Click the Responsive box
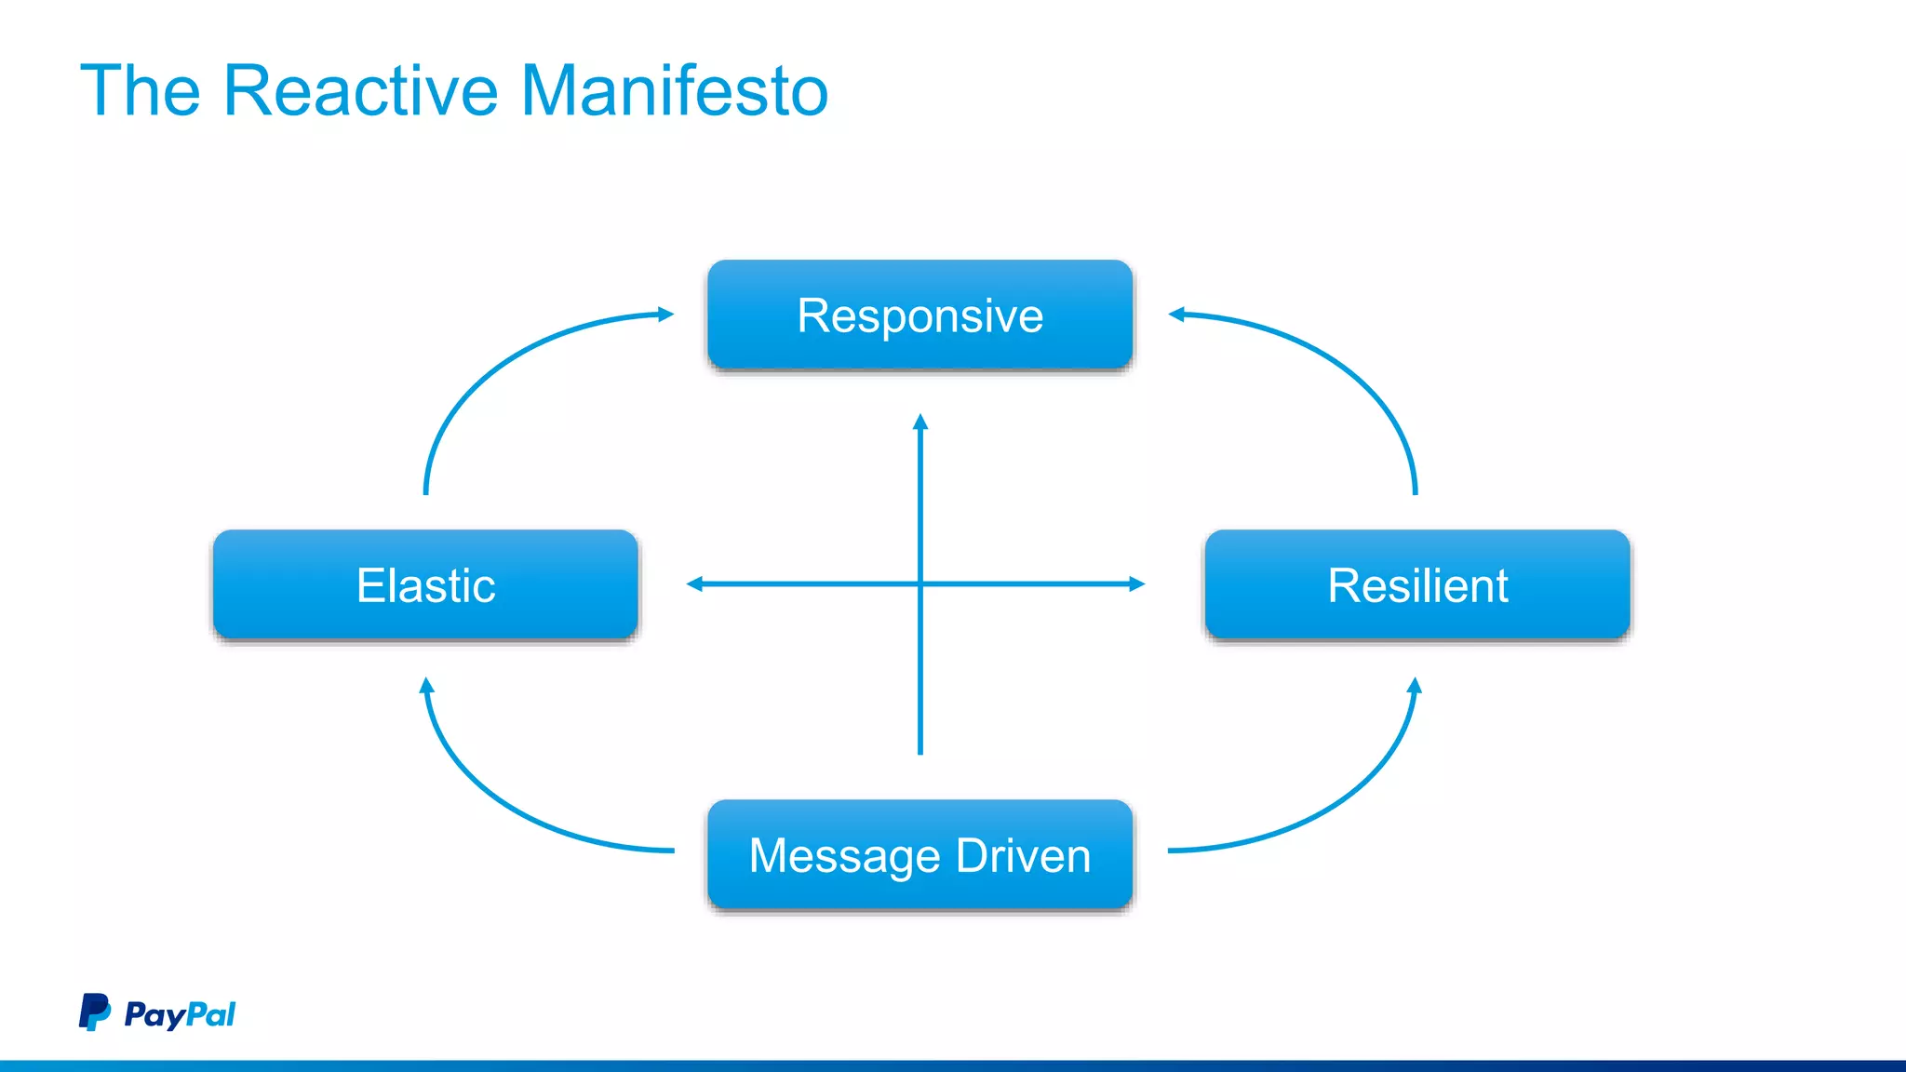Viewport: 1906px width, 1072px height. (x=919, y=315)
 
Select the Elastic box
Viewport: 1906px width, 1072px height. (x=425, y=584)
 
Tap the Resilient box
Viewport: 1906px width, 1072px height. (x=1416, y=584)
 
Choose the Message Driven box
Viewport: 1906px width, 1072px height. (x=919, y=854)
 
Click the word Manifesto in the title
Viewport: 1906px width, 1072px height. (x=674, y=91)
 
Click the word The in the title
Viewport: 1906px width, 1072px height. (x=141, y=91)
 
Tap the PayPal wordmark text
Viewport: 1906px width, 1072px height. (x=180, y=1013)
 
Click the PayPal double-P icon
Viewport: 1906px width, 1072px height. (x=94, y=1012)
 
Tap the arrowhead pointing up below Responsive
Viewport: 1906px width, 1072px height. (x=920, y=422)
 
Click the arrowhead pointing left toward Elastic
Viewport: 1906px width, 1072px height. (x=694, y=584)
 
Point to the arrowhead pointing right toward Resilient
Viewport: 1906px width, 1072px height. (x=1136, y=584)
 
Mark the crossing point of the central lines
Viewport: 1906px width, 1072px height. (x=920, y=584)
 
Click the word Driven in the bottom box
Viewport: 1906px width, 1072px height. (x=1023, y=855)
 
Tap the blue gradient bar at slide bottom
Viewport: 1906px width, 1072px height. (x=953, y=1065)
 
